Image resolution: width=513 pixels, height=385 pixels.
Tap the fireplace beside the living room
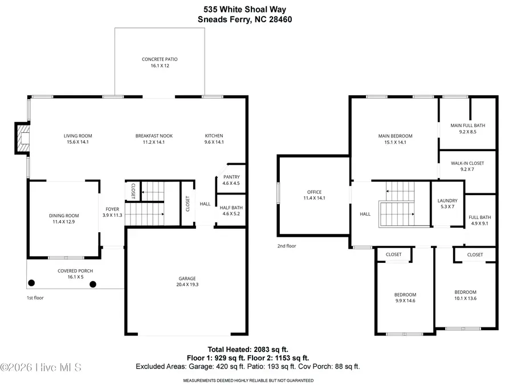click(22, 139)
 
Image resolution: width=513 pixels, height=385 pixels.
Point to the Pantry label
click(231, 177)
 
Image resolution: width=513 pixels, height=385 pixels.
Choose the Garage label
click(187, 278)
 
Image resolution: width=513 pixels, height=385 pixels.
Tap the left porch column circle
click(32, 283)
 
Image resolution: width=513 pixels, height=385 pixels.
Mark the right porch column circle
click(93, 283)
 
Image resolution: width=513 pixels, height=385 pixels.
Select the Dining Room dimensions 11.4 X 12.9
click(63, 221)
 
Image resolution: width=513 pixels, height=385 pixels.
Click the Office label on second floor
click(314, 192)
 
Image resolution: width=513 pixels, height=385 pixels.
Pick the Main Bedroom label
click(395, 136)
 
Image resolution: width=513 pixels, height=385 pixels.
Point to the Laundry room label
click(447, 200)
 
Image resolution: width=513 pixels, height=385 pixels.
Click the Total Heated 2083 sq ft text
click(249, 349)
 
